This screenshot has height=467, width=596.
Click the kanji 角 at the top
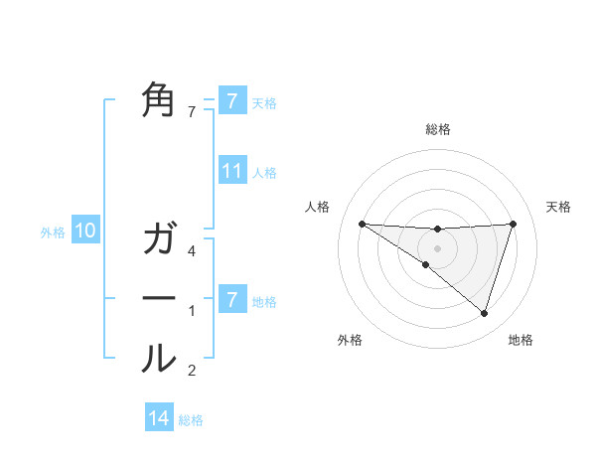[159, 100]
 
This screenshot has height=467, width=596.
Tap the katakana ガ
[159, 239]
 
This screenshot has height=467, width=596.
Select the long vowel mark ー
[159, 298]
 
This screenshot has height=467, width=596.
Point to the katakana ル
[159, 358]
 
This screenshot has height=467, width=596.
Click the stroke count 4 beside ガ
[193, 251]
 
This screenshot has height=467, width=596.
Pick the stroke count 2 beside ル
[193, 372]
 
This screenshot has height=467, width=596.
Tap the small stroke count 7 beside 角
[193, 112]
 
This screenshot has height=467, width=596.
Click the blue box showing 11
[232, 171]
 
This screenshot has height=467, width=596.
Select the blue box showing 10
[85, 232]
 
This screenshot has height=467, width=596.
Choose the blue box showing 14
[159, 419]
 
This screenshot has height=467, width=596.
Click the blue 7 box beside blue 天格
[232, 101]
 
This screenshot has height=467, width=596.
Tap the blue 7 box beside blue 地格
[232, 299]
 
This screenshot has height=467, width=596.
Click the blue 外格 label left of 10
[53, 233]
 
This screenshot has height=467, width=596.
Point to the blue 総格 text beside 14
[191, 420]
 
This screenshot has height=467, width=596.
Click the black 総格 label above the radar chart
[437, 130]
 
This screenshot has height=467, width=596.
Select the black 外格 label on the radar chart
[350, 341]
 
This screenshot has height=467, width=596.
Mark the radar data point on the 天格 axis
[514, 224]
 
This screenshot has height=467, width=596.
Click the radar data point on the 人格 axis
[362, 224]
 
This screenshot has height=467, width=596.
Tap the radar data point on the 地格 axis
[484, 313]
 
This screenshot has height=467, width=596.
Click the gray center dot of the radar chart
[437, 247]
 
